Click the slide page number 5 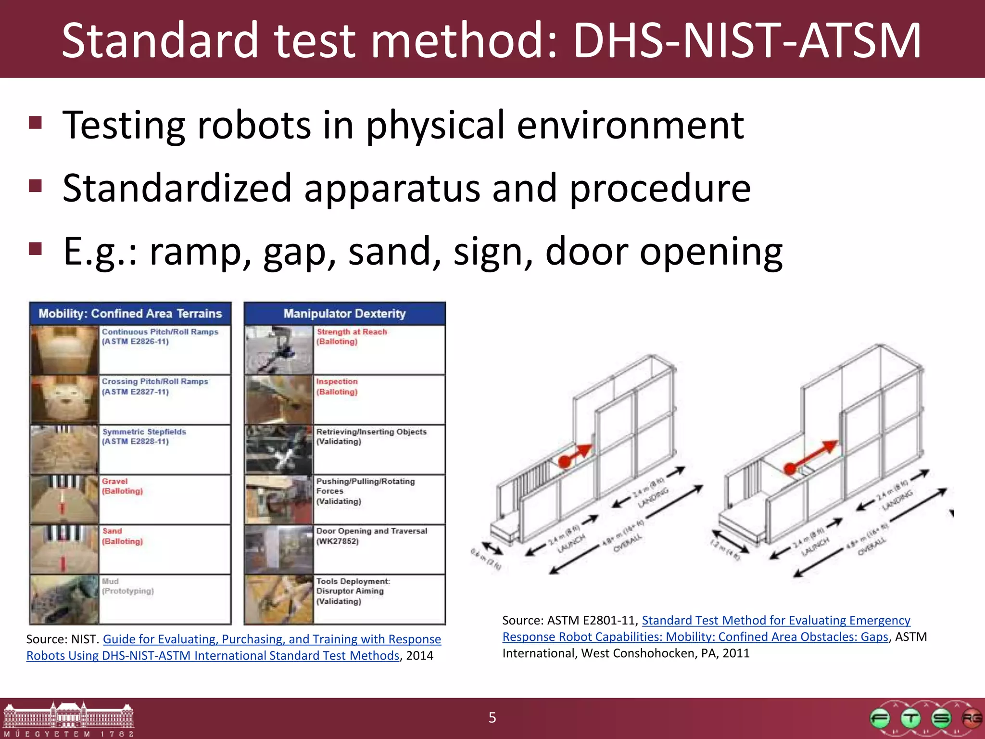point(492,717)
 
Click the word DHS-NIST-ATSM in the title point(747,40)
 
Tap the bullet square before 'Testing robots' point(35,123)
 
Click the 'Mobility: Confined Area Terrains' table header point(130,314)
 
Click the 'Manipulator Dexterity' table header point(344,314)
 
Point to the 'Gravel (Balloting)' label point(122,486)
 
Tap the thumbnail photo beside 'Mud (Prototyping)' point(64,599)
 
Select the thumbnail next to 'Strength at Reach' point(279,350)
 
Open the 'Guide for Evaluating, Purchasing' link point(272,639)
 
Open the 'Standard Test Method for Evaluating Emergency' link point(776,620)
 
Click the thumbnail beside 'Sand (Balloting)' point(64,549)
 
